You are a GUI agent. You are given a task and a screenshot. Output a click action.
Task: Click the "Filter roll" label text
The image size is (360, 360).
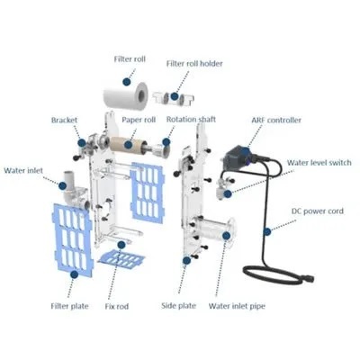(130, 59)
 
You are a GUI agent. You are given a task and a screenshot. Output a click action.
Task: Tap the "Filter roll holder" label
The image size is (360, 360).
(194, 64)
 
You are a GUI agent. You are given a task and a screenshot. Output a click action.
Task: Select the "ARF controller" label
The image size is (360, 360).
(276, 120)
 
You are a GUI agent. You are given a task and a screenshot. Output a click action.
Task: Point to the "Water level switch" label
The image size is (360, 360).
(319, 163)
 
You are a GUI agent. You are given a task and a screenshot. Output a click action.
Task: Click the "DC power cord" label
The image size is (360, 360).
(318, 211)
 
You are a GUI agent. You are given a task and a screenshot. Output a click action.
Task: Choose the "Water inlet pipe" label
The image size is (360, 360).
(237, 306)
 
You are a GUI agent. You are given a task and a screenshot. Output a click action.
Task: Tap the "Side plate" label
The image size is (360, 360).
(178, 306)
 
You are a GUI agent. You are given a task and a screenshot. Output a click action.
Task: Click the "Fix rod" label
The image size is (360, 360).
(117, 306)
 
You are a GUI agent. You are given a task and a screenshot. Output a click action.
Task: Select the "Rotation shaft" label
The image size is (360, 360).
(191, 119)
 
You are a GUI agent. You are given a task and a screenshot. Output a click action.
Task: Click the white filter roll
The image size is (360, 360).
(126, 95)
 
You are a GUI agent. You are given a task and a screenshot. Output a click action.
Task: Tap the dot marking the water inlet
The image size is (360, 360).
(62, 185)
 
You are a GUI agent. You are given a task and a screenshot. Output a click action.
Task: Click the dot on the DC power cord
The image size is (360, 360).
(267, 231)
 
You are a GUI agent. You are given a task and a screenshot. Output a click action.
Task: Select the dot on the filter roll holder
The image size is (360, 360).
(175, 96)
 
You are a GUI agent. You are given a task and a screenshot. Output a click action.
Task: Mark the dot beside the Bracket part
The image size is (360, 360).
(82, 142)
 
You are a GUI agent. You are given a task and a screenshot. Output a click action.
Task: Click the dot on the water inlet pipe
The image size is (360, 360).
(227, 236)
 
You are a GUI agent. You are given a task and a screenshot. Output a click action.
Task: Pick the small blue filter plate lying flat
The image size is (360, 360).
(121, 258)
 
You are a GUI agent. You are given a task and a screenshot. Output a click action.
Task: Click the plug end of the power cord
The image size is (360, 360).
(308, 278)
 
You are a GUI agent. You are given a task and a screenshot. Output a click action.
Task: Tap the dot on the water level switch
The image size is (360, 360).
(228, 193)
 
